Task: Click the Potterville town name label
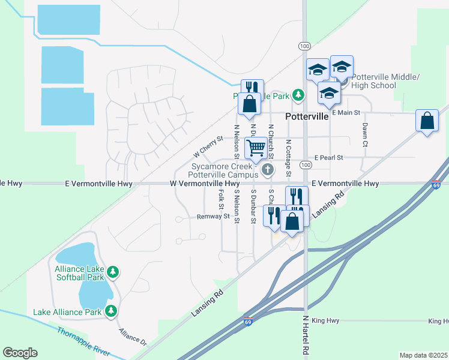point(307,116)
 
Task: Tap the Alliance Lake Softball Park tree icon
point(112,273)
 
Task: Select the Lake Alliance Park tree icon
point(110,311)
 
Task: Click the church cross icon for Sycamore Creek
point(267,170)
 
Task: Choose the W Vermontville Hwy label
point(205,184)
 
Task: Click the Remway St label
point(213,217)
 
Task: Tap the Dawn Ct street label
point(364,134)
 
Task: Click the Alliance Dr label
point(133,336)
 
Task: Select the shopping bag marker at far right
point(427,121)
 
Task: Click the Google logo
point(20,352)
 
